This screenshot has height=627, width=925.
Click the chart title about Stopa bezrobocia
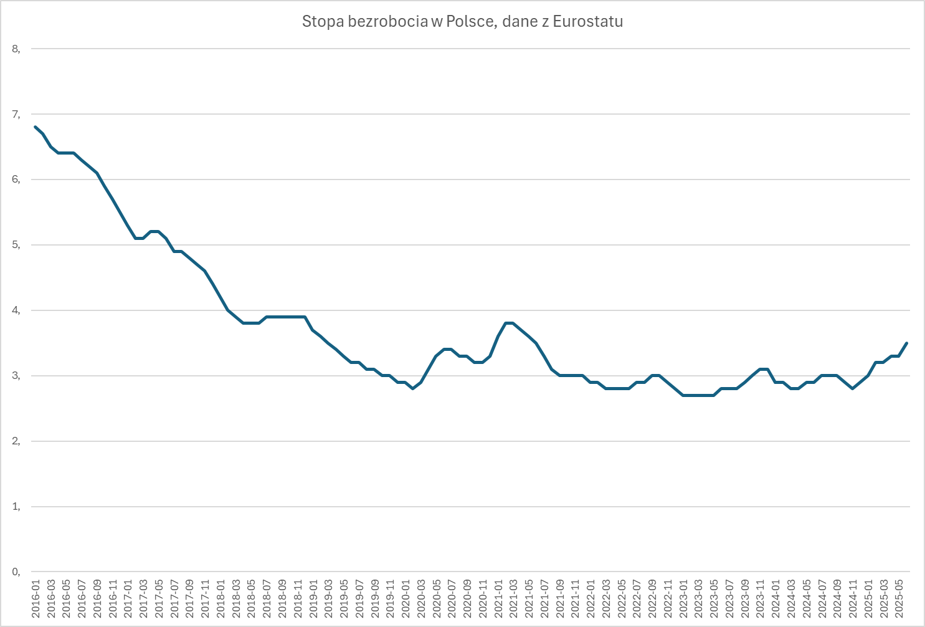[x=462, y=21]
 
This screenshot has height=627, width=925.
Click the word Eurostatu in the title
[x=587, y=21]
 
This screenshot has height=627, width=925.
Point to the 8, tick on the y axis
[x=16, y=49]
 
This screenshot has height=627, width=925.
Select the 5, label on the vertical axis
[x=16, y=245]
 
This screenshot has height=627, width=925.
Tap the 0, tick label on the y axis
[x=16, y=572]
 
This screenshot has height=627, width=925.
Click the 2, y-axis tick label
[x=16, y=441]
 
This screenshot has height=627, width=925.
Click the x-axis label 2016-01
[x=36, y=599]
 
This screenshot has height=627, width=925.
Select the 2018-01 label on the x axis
[x=221, y=599]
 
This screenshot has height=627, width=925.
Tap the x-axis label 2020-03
[x=421, y=599]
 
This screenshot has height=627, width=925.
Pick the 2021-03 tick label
[x=513, y=599]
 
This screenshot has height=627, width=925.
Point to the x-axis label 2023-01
[x=683, y=599]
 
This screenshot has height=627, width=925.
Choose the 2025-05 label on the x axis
[x=899, y=599]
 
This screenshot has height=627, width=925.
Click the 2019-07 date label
[x=359, y=599]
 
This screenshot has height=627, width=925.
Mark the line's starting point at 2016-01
[x=35, y=127]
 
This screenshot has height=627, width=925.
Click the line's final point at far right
[x=906, y=343]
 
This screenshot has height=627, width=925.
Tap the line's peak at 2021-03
[x=510, y=323]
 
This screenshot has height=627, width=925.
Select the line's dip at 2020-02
[x=413, y=388]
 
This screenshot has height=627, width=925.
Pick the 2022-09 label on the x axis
[x=653, y=599]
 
